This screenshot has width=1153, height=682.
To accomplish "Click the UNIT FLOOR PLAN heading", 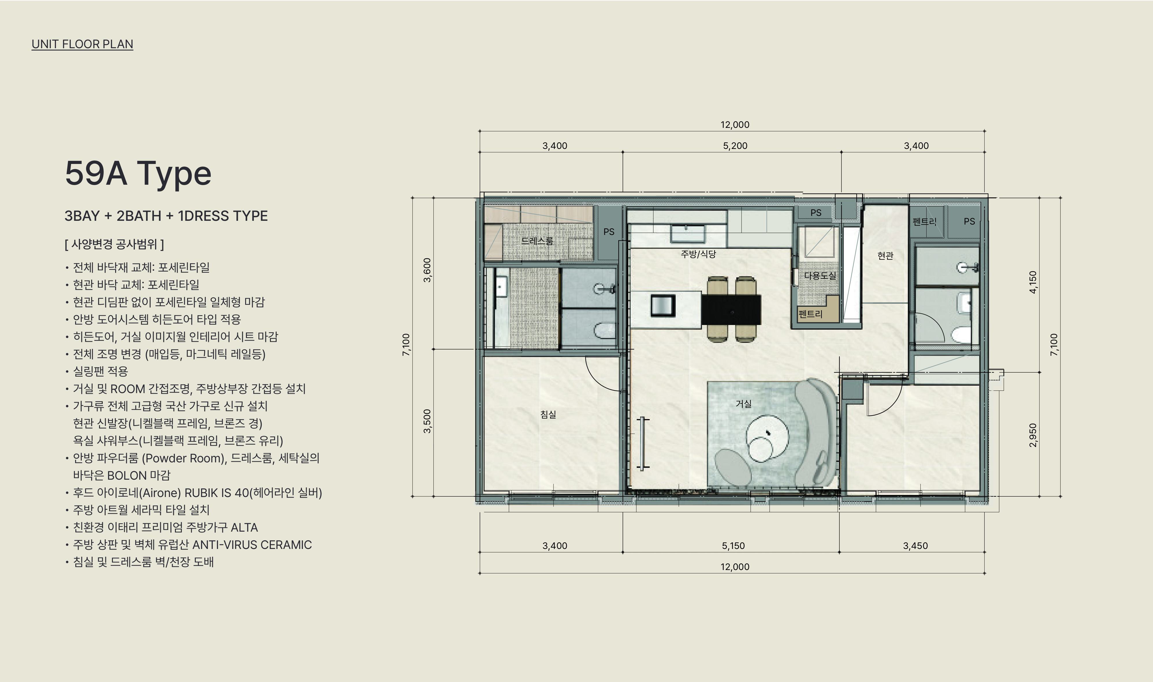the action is pyautogui.click(x=82, y=44).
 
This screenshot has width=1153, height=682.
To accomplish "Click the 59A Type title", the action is pyautogui.click(x=138, y=174).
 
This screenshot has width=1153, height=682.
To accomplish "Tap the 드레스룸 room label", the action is pyautogui.click(x=537, y=240).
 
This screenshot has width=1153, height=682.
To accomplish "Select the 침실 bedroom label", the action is pyautogui.click(x=548, y=414).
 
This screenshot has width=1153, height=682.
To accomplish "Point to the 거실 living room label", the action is pyautogui.click(x=743, y=403).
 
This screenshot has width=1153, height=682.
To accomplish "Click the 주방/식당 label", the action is pyautogui.click(x=698, y=254).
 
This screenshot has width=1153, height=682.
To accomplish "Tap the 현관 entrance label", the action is pyautogui.click(x=885, y=255).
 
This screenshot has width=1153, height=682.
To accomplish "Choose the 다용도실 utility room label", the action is pyautogui.click(x=820, y=275).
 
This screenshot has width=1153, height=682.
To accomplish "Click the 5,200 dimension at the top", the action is pyautogui.click(x=735, y=146).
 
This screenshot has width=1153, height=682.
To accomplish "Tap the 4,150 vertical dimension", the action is pyautogui.click(x=1033, y=282).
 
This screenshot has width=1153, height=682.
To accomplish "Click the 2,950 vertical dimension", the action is pyautogui.click(x=1033, y=435).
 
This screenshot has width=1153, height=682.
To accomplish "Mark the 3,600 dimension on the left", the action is pyautogui.click(x=427, y=270).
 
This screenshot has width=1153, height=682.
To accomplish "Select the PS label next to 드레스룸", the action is pyautogui.click(x=609, y=232).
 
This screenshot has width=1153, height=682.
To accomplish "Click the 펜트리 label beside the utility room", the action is pyautogui.click(x=810, y=314).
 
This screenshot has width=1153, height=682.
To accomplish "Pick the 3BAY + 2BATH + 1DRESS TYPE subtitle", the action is pyautogui.click(x=166, y=216).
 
